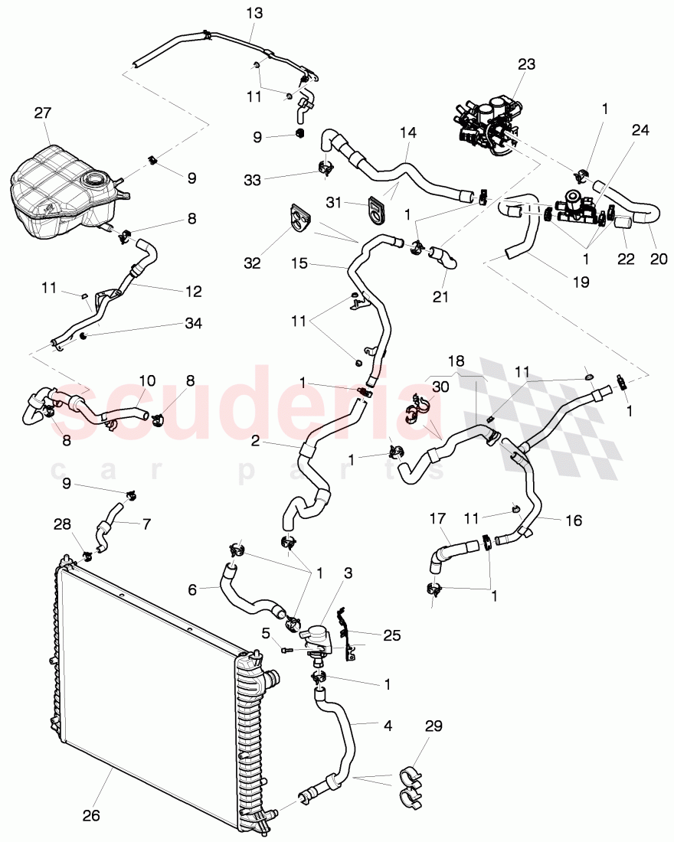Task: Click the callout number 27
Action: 42,113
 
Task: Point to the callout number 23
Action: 527,65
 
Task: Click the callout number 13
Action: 253,13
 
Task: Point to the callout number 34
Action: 193,324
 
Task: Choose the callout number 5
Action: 266,633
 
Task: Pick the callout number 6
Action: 192,589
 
